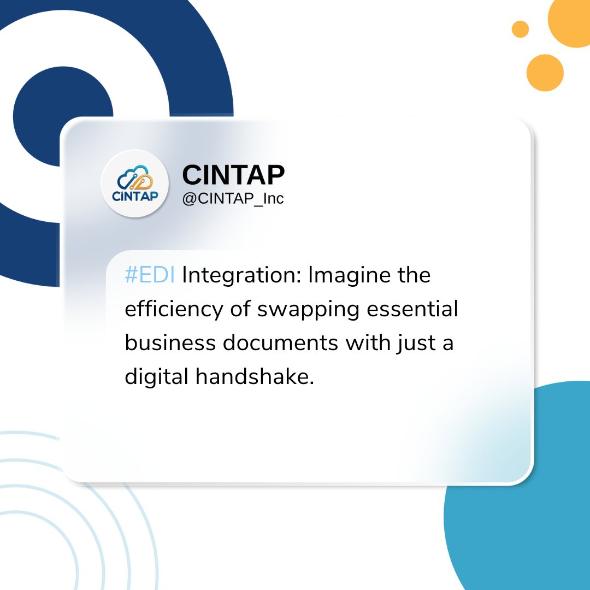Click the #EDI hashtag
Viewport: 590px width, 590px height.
tap(150, 276)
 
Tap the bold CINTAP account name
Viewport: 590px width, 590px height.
tap(233, 175)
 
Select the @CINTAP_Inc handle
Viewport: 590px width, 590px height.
tap(233, 198)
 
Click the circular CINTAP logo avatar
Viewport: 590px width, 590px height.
tap(135, 184)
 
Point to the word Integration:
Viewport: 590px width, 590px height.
tap(243, 276)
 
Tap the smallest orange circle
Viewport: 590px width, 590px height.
tap(520, 29)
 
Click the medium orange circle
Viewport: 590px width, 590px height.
tap(545, 73)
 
